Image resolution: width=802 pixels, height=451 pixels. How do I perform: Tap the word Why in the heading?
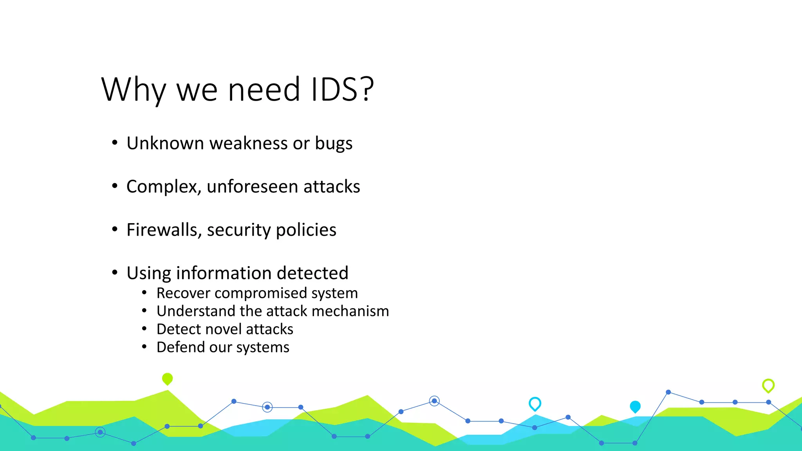[x=134, y=90]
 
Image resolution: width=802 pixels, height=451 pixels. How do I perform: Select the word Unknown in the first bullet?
[x=165, y=143]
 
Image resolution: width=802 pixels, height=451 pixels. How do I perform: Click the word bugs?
[x=334, y=143]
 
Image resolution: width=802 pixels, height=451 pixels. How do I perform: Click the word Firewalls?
[x=164, y=230]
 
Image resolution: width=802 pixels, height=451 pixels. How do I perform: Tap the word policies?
[x=306, y=230]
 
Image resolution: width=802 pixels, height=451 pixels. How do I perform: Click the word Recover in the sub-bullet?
[x=183, y=293]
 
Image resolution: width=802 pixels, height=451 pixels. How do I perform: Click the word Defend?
[x=181, y=347]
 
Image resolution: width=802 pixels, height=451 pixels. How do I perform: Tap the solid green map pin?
[x=167, y=379]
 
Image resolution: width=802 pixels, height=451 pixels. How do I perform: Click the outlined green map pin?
[x=768, y=385]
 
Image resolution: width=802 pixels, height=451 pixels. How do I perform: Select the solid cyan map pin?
[x=635, y=406]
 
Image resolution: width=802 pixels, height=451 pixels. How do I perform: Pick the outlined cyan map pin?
[x=535, y=403]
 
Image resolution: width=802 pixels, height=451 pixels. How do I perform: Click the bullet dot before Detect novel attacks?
[x=145, y=329]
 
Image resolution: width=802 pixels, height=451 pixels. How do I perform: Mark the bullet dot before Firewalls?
[x=114, y=229]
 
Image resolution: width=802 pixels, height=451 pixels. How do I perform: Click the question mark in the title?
[x=367, y=90]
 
